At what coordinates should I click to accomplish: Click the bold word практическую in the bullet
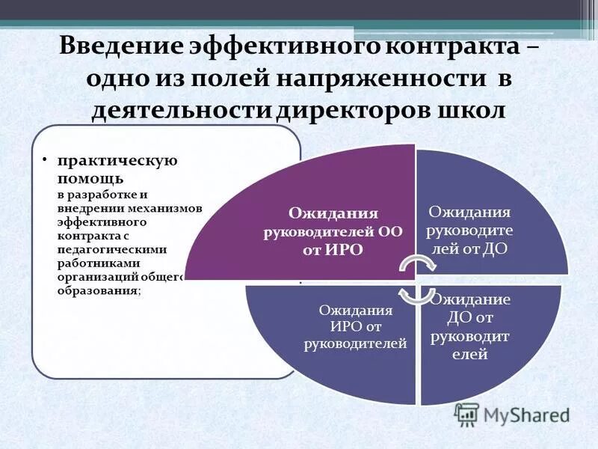(x=117, y=160)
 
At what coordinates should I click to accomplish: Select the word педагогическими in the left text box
(x=112, y=250)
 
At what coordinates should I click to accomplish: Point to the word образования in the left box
(x=97, y=291)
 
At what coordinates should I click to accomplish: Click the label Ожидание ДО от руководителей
(x=469, y=327)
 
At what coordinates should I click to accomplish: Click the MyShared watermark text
(x=526, y=414)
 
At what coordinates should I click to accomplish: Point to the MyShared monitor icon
(x=466, y=415)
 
